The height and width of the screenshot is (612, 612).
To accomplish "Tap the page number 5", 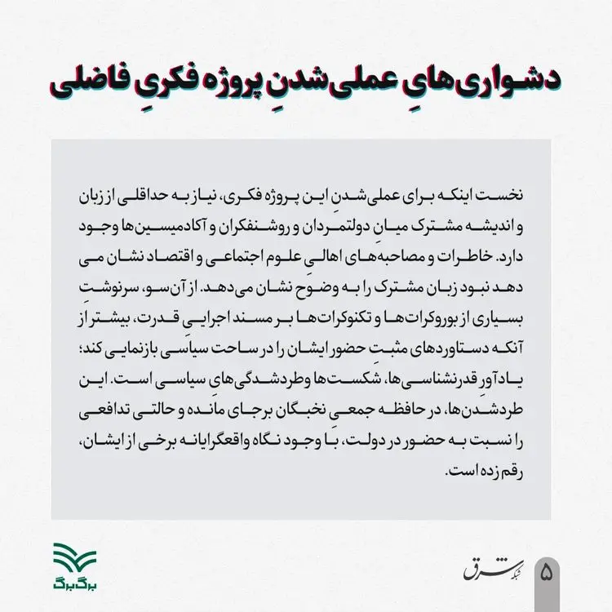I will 545,570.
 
